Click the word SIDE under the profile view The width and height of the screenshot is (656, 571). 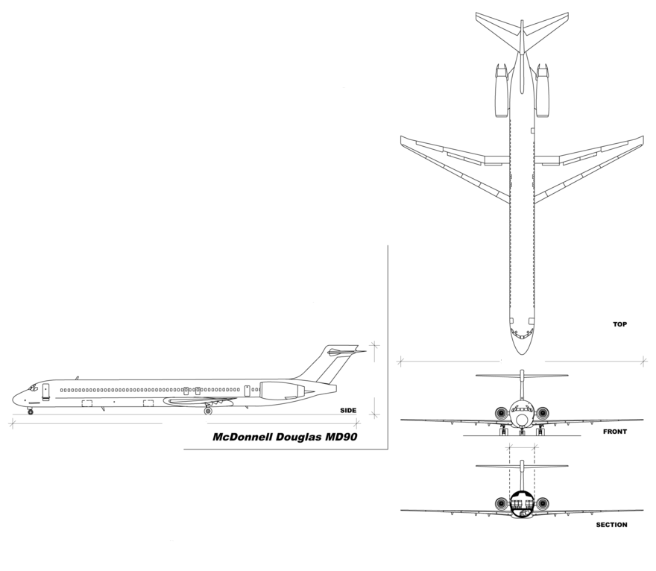tap(347, 411)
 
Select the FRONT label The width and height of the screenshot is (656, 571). tap(615, 432)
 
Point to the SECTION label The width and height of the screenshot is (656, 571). tap(611, 525)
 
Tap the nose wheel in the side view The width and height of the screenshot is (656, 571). tap(31, 411)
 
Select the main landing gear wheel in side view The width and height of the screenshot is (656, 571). tap(208, 411)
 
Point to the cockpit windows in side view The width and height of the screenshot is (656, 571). tap(32, 388)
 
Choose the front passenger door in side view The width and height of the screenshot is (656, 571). tap(45, 391)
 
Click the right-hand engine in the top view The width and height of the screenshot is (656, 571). tap(543, 90)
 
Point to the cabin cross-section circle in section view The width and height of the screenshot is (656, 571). tap(522, 503)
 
